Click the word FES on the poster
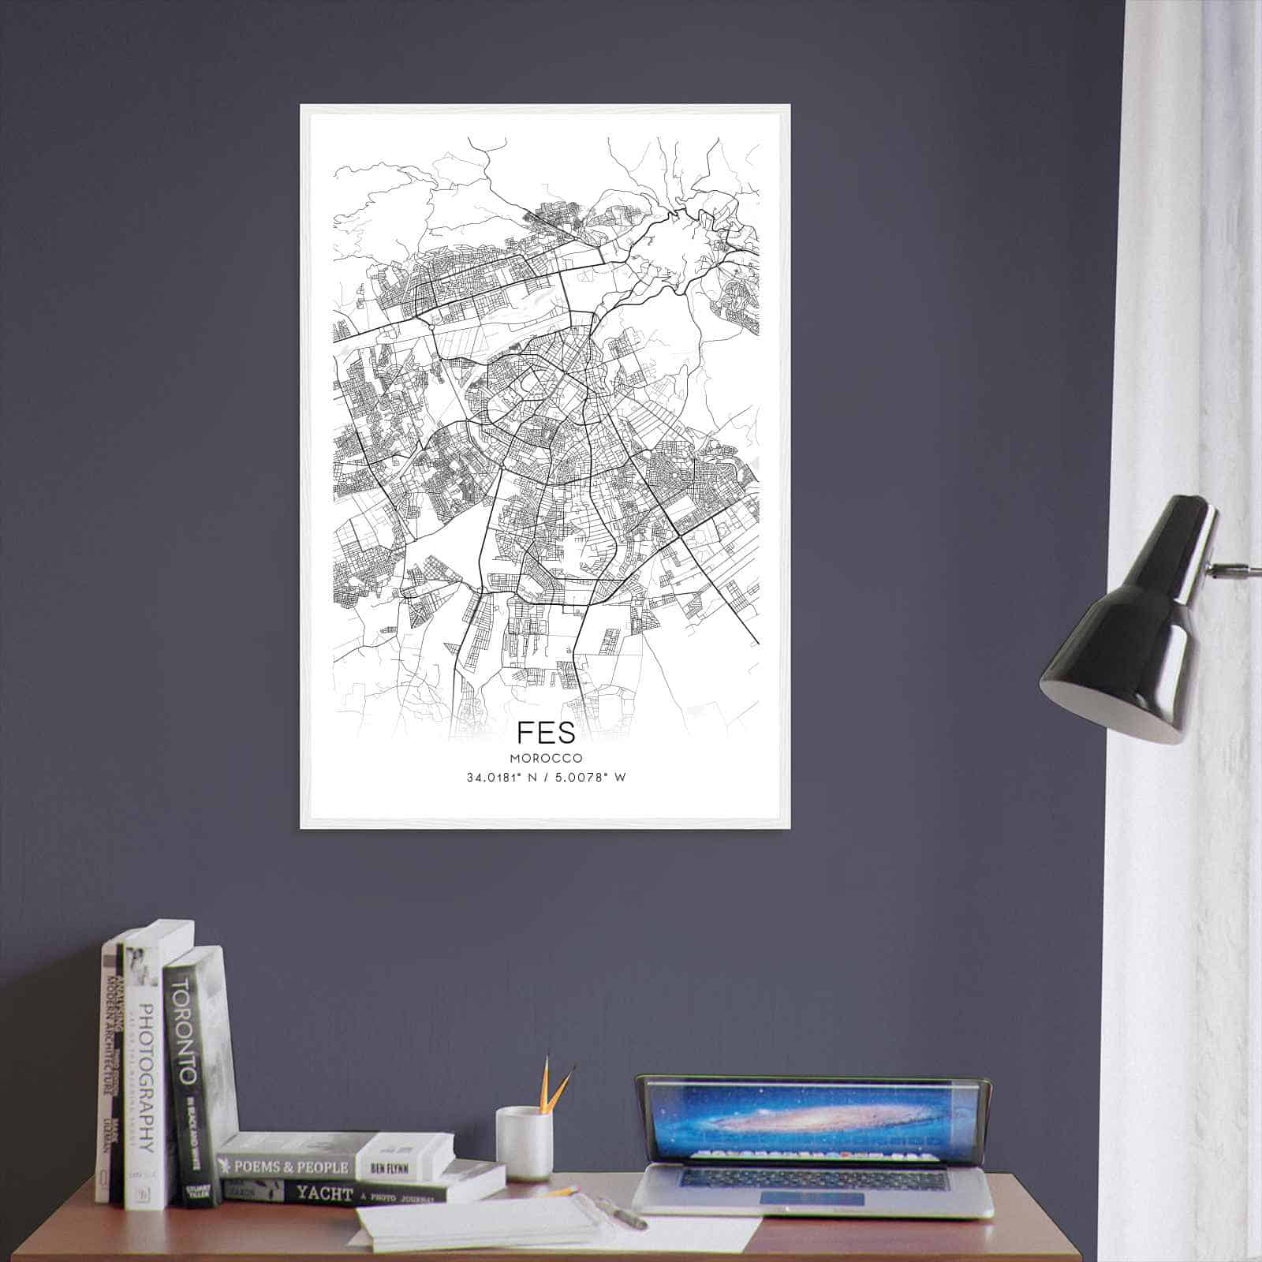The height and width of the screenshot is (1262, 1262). tap(546, 731)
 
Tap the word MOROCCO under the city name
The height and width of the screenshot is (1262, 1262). tap(546, 758)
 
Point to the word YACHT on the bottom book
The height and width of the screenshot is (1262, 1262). tap(324, 1193)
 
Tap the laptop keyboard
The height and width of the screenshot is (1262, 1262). tap(812, 1180)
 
